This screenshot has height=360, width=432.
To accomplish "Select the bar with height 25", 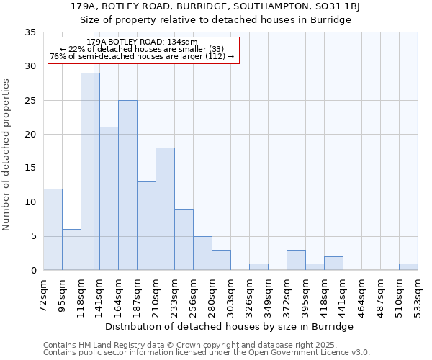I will tap(127, 185).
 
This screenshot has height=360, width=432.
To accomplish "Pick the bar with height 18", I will tap(165, 209).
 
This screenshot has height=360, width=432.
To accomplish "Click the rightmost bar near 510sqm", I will tap(408, 266).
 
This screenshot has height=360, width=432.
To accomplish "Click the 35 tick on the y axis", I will tap(30, 32).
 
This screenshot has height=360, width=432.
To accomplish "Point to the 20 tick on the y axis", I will tap(30, 134).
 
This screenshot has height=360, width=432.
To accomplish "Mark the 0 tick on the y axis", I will tap(33, 270).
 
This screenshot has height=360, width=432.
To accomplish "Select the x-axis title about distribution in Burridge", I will tap(235, 326).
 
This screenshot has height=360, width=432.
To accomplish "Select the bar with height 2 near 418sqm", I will tap(333, 264).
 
